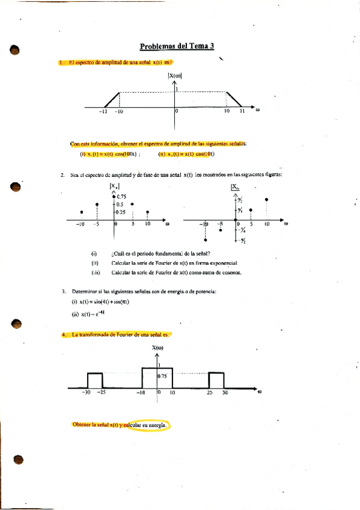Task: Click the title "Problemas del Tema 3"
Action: (177, 46)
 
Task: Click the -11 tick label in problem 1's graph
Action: (103, 111)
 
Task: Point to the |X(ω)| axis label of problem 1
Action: (175, 76)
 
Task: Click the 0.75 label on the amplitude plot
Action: (121, 197)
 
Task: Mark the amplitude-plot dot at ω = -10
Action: (81, 212)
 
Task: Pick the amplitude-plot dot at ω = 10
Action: (148, 212)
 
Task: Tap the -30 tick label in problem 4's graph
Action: (86, 393)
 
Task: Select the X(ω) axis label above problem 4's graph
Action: (157, 348)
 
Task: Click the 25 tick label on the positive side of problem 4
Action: (209, 393)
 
